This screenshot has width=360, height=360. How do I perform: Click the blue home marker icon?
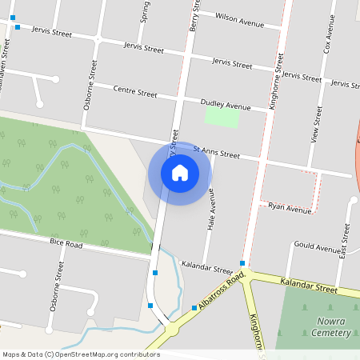point(180,173)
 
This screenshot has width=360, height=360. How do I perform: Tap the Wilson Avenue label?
point(239,20)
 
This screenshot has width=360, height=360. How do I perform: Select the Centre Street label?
point(135,91)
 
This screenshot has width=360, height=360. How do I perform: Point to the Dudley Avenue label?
point(226,105)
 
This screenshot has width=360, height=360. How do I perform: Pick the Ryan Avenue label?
point(290,209)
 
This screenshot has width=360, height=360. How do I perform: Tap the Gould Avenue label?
point(318,248)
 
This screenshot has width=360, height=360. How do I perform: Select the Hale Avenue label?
point(211,209)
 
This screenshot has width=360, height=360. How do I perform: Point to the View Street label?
point(314,125)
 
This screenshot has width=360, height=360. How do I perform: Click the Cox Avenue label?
point(327,37)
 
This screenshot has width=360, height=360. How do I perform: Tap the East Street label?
point(345,239)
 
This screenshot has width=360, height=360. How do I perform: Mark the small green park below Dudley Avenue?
point(222,117)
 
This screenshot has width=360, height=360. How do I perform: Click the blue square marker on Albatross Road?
point(194,308)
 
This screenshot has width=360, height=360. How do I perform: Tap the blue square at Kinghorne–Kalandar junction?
point(242,262)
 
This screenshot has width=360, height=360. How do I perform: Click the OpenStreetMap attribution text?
point(81,354)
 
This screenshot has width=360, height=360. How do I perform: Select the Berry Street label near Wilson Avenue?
point(193,16)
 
